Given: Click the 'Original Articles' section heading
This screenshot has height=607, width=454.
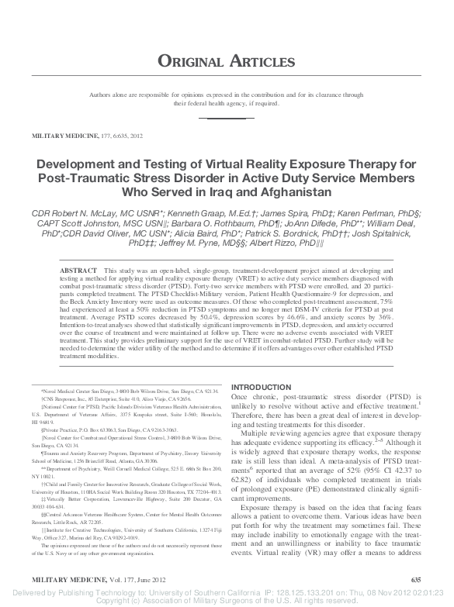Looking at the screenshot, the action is point(227,60).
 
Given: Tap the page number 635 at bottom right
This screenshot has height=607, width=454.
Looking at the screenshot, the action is point(415,579).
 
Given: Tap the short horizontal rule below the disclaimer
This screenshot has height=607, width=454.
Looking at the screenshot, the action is point(227,118).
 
